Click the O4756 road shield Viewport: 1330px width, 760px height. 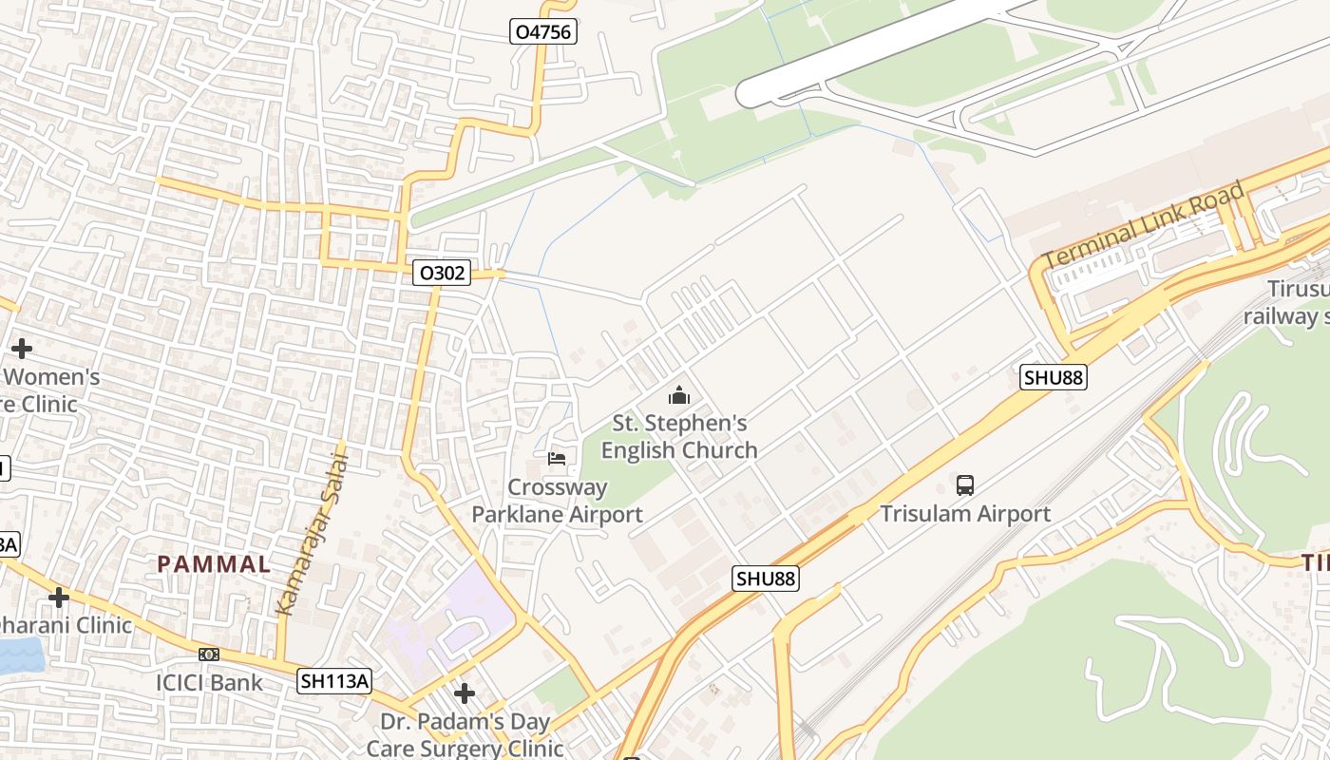543,32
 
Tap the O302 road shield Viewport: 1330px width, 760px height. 443,274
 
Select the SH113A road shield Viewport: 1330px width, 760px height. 333,680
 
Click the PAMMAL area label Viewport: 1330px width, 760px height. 214,563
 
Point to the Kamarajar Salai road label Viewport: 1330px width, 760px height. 312,533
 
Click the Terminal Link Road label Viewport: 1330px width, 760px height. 1144,225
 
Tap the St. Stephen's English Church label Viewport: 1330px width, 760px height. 679,436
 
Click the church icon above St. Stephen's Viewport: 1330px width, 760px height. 679,395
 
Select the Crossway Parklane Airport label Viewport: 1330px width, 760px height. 558,501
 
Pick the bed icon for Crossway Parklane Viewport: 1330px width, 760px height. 557,459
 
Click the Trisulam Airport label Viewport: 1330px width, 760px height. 965,514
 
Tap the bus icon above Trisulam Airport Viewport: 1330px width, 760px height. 965,485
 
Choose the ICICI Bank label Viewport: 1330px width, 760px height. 209,682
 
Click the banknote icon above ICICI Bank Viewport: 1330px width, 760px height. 209,655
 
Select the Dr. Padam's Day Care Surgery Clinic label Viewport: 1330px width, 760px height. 465,734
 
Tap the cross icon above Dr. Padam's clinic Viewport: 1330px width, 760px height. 465,693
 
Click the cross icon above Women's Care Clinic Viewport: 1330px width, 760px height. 21,349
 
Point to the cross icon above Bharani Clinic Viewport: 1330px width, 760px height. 59,598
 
